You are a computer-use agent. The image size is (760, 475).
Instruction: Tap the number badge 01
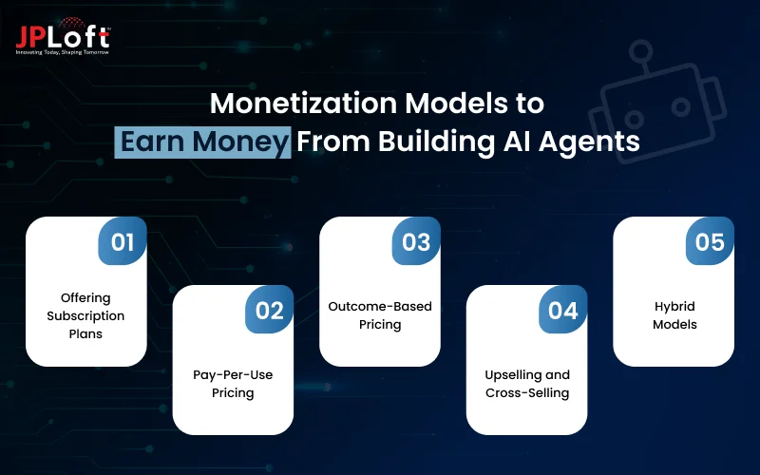[123, 241]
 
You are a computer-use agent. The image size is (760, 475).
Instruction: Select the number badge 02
[270, 310]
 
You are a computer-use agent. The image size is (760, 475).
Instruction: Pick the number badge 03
[416, 241]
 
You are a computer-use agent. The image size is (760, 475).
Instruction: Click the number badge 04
[563, 310]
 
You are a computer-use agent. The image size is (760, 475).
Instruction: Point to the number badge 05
[710, 241]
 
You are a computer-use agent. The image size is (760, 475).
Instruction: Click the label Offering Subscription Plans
[85, 315]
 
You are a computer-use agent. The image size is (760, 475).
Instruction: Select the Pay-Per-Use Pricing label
[233, 384]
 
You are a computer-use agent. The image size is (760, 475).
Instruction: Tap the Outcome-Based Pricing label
[380, 315]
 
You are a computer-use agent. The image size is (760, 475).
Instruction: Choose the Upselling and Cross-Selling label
[526, 384]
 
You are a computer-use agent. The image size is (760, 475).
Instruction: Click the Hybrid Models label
[674, 315]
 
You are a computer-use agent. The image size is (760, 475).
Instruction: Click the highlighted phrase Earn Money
[203, 142]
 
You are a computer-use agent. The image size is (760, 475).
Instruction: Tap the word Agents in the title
[594, 142]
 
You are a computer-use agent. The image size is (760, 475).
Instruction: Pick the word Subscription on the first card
[85, 315]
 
